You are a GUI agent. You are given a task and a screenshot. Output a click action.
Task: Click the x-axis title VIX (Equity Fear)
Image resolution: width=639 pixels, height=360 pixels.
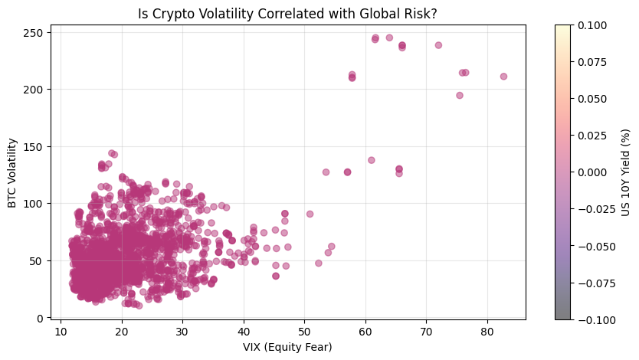click(288, 348)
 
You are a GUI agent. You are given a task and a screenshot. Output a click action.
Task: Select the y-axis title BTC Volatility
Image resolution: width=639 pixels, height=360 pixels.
click(12, 172)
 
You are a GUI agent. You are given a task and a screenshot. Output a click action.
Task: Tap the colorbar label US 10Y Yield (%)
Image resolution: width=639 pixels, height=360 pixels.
click(626, 172)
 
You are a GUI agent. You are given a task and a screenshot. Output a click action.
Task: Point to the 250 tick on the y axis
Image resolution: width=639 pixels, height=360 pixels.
click(35, 32)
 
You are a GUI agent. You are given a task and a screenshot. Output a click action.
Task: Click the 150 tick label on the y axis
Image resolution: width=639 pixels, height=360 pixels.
click(35, 146)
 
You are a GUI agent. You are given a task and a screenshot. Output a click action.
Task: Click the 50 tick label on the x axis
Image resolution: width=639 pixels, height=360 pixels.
click(304, 332)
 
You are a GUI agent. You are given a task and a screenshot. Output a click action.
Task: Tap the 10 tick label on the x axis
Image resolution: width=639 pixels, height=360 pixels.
click(61, 332)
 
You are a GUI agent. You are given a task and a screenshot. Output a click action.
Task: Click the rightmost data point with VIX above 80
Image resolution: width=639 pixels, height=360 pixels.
click(503, 77)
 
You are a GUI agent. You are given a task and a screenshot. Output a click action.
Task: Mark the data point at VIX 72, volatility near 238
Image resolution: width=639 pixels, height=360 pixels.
click(438, 45)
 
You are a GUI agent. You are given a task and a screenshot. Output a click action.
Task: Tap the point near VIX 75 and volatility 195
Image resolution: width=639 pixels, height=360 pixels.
click(460, 96)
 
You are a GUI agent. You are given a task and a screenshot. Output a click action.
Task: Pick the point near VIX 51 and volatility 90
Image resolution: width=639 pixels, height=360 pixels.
click(310, 214)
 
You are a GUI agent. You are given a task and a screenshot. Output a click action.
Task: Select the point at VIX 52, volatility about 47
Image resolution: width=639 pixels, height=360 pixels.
click(319, 263)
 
